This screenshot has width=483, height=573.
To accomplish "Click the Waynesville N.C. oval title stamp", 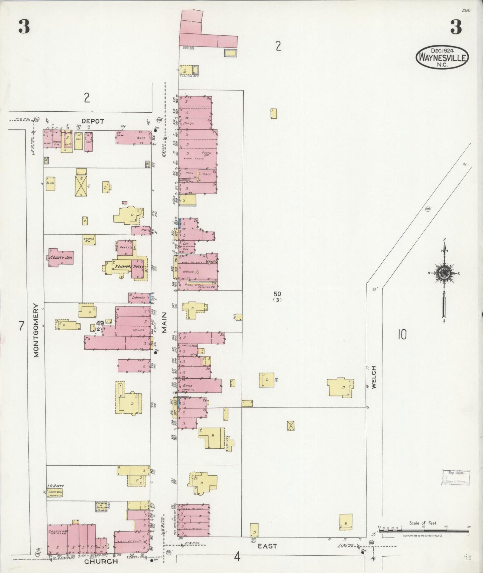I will click(442, 58).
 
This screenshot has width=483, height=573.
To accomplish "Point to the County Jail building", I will click(61, 257).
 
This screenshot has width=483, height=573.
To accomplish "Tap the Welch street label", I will click(374, 377).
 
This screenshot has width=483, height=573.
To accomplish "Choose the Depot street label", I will click(93, 121).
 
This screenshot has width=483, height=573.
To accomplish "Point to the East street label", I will click(267, 546).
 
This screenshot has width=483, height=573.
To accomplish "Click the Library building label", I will click(138, 297).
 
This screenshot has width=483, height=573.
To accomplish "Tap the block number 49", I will click(99, 323).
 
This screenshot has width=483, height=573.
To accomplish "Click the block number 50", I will click(277, 294).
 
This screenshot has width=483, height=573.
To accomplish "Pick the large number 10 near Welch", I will click(402, 334).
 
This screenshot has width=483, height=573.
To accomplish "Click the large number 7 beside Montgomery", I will click(21, 326).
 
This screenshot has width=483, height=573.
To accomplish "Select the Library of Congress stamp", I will click(456, 477).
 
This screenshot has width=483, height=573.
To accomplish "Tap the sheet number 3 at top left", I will click(24, 27).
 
